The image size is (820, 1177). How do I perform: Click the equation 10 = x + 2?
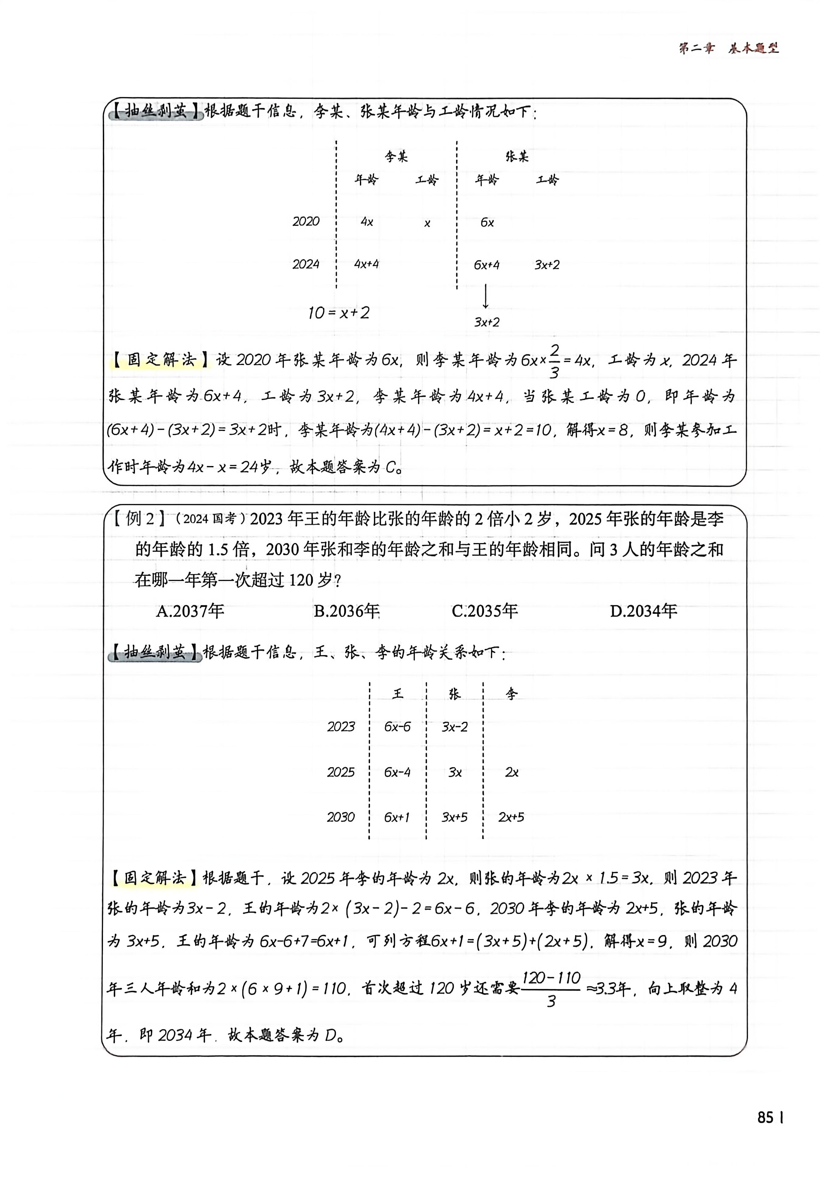click(338, 313)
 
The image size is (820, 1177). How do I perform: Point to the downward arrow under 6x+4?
click(485, 296)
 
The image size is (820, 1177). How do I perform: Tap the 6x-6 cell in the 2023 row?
click(397, 726)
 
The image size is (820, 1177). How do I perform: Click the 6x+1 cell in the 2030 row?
click(397, 817)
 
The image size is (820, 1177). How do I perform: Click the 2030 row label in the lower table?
click(341, 817)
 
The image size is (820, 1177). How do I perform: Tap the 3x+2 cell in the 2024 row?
click(547, 265)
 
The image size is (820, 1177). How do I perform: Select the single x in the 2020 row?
click(427, 224)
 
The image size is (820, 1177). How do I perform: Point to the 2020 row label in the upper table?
click(306, 221)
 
